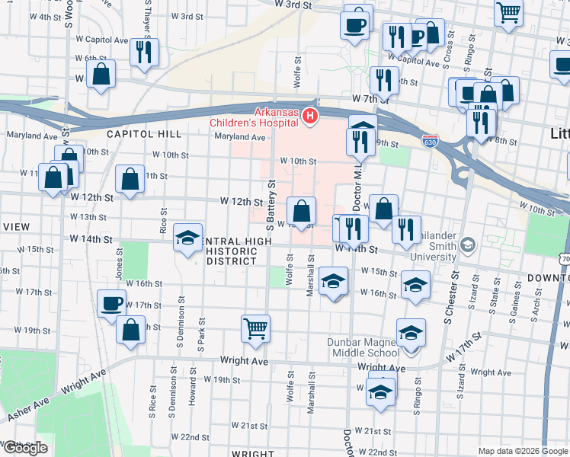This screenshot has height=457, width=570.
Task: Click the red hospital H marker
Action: (310, 117)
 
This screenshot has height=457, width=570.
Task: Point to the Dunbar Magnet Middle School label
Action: (363, 347)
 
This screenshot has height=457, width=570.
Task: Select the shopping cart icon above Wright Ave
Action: (256, 328)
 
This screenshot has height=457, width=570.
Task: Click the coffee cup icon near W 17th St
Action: (112, 303)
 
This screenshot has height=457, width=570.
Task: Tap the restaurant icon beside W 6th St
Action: (144, 52)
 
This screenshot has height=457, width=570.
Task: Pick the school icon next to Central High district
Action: (187, 238)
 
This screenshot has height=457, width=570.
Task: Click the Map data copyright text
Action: (522, 451)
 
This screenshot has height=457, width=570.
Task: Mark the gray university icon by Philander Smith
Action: (466, 244)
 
